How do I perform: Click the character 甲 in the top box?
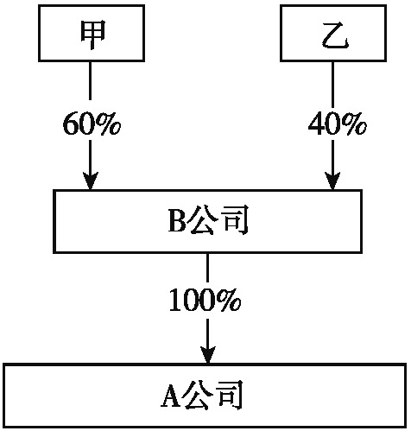(92, 35)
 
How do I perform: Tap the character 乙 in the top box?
(335, 35)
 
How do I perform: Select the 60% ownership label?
(92, 124)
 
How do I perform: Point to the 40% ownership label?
(338, 124)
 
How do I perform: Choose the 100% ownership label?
(205, 300)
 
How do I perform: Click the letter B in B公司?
(177, 221)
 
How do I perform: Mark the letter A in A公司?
(170, 396)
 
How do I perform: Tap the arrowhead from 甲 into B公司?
(91, 181)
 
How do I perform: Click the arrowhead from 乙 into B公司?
(332, 181)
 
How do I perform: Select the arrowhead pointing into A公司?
(208, 355)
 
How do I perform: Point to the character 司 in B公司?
(234, 220)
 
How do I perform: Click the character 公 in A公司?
(197, 396)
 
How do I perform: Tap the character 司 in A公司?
(229, 396)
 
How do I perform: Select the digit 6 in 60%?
(71, 124)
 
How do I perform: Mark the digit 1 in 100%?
(176, 300)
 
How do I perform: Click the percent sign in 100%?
(229, 300)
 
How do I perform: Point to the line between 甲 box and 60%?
(91, 80)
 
